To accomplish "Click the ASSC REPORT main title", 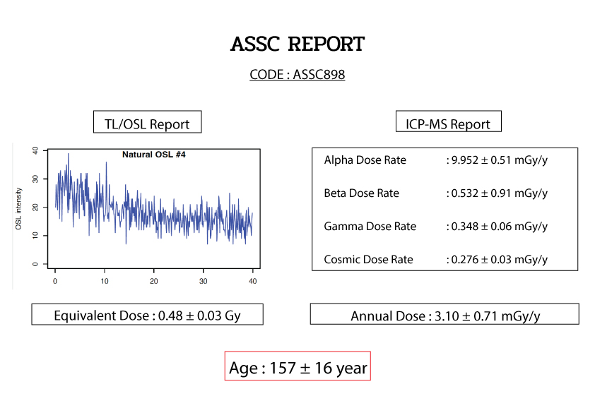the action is coord(297,44).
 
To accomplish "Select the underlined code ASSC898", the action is coord(319,74).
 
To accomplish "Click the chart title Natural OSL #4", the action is coord(153,155).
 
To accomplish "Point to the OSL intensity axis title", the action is coord(18,208).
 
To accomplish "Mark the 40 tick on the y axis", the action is coord(35,150).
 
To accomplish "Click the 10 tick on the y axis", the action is coord(35,235).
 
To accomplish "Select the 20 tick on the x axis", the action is coord(153,281).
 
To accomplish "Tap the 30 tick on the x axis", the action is coord(203,281).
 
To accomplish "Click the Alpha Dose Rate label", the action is coord(365,160).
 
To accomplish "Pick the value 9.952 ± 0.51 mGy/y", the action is coord(500,160).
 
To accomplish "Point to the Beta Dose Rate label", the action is coord(361,193).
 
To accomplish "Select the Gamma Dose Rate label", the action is coord(370,227).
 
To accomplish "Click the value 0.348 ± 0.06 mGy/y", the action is coord(500,227).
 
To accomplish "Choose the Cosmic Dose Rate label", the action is coord(368,259).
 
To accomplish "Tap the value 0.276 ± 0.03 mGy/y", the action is coord(500,259).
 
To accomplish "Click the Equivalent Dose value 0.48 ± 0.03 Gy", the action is coord(199,316).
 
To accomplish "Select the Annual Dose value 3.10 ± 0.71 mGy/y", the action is coord(487,316).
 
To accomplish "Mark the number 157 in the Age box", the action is coord(283,368).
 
